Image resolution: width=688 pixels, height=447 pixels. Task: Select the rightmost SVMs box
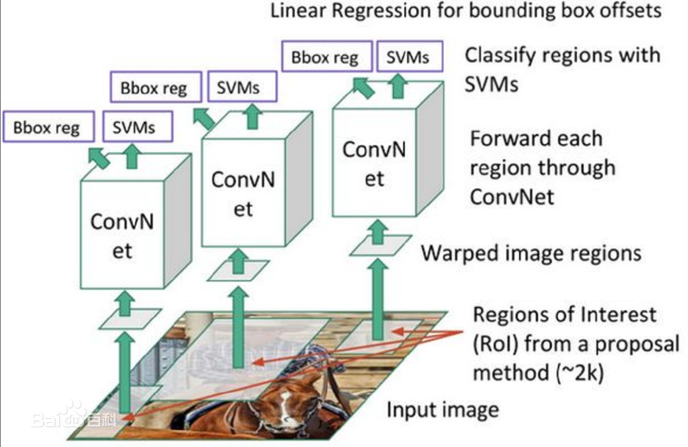(x=408, y=57)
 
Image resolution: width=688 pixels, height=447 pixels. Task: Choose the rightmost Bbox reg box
(x=325, y=57)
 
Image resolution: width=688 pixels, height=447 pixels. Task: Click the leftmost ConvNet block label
(x=122, y=236)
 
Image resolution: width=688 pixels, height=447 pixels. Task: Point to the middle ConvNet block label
(x=243, y=193)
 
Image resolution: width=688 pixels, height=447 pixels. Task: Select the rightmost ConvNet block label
(x=374, y=163)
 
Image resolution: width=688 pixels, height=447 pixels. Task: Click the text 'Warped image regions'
(x=531, y=253)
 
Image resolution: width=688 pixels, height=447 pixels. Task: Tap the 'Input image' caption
(x=442, y=410)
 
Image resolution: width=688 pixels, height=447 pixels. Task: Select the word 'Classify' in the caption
(x=503, y=56)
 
